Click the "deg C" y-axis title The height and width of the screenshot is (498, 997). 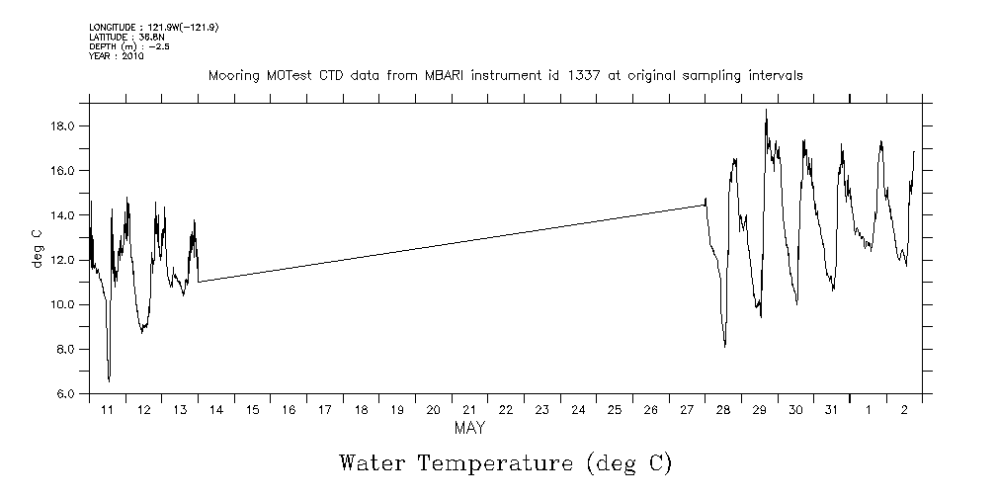coord(37,247)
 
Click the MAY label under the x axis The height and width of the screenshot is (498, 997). coord(468,429)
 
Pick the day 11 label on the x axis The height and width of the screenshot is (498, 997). coord(108,409)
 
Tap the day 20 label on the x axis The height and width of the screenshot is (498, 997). coord(433,409)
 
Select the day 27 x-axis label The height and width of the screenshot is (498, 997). coord(686,409)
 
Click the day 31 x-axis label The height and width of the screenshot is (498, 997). coord(831,409)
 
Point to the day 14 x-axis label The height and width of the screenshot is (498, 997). coord(216,409)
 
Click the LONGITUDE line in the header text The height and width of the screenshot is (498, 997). coord(153,28)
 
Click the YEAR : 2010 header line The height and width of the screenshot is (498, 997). coord(117,56)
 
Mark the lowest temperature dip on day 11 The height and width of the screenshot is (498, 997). coord(109,379)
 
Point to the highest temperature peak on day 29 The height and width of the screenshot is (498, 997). coord(766,111)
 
